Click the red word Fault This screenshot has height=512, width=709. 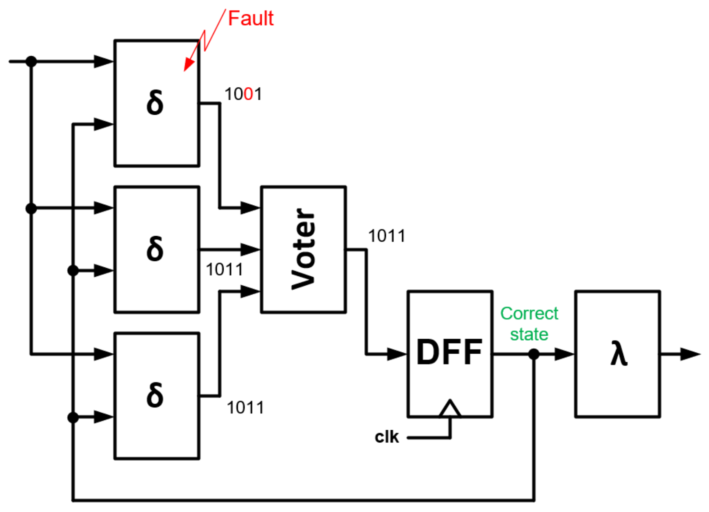click(250, 19)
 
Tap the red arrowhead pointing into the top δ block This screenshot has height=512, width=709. click(189, 65)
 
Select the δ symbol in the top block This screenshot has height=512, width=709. click(155, 103)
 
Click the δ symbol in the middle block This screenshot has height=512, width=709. click(155, 249)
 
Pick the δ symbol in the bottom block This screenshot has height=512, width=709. click(155, 395)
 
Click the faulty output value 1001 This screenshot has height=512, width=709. click(243, 94)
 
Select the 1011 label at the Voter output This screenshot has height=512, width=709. click(386, 236)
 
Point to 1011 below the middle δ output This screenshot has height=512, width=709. click(224, 269)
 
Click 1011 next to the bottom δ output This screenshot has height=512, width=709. click(245, 407)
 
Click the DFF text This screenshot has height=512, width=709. click(449, 352)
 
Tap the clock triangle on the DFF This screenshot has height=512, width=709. click(450, 409)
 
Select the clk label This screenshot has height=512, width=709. click(386, 437)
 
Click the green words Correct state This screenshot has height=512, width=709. click(529, 324)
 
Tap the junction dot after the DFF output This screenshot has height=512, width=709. click(534, 354)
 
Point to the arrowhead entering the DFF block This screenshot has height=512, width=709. click(397, 354)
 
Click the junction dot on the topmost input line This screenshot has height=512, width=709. click(31, 61)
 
